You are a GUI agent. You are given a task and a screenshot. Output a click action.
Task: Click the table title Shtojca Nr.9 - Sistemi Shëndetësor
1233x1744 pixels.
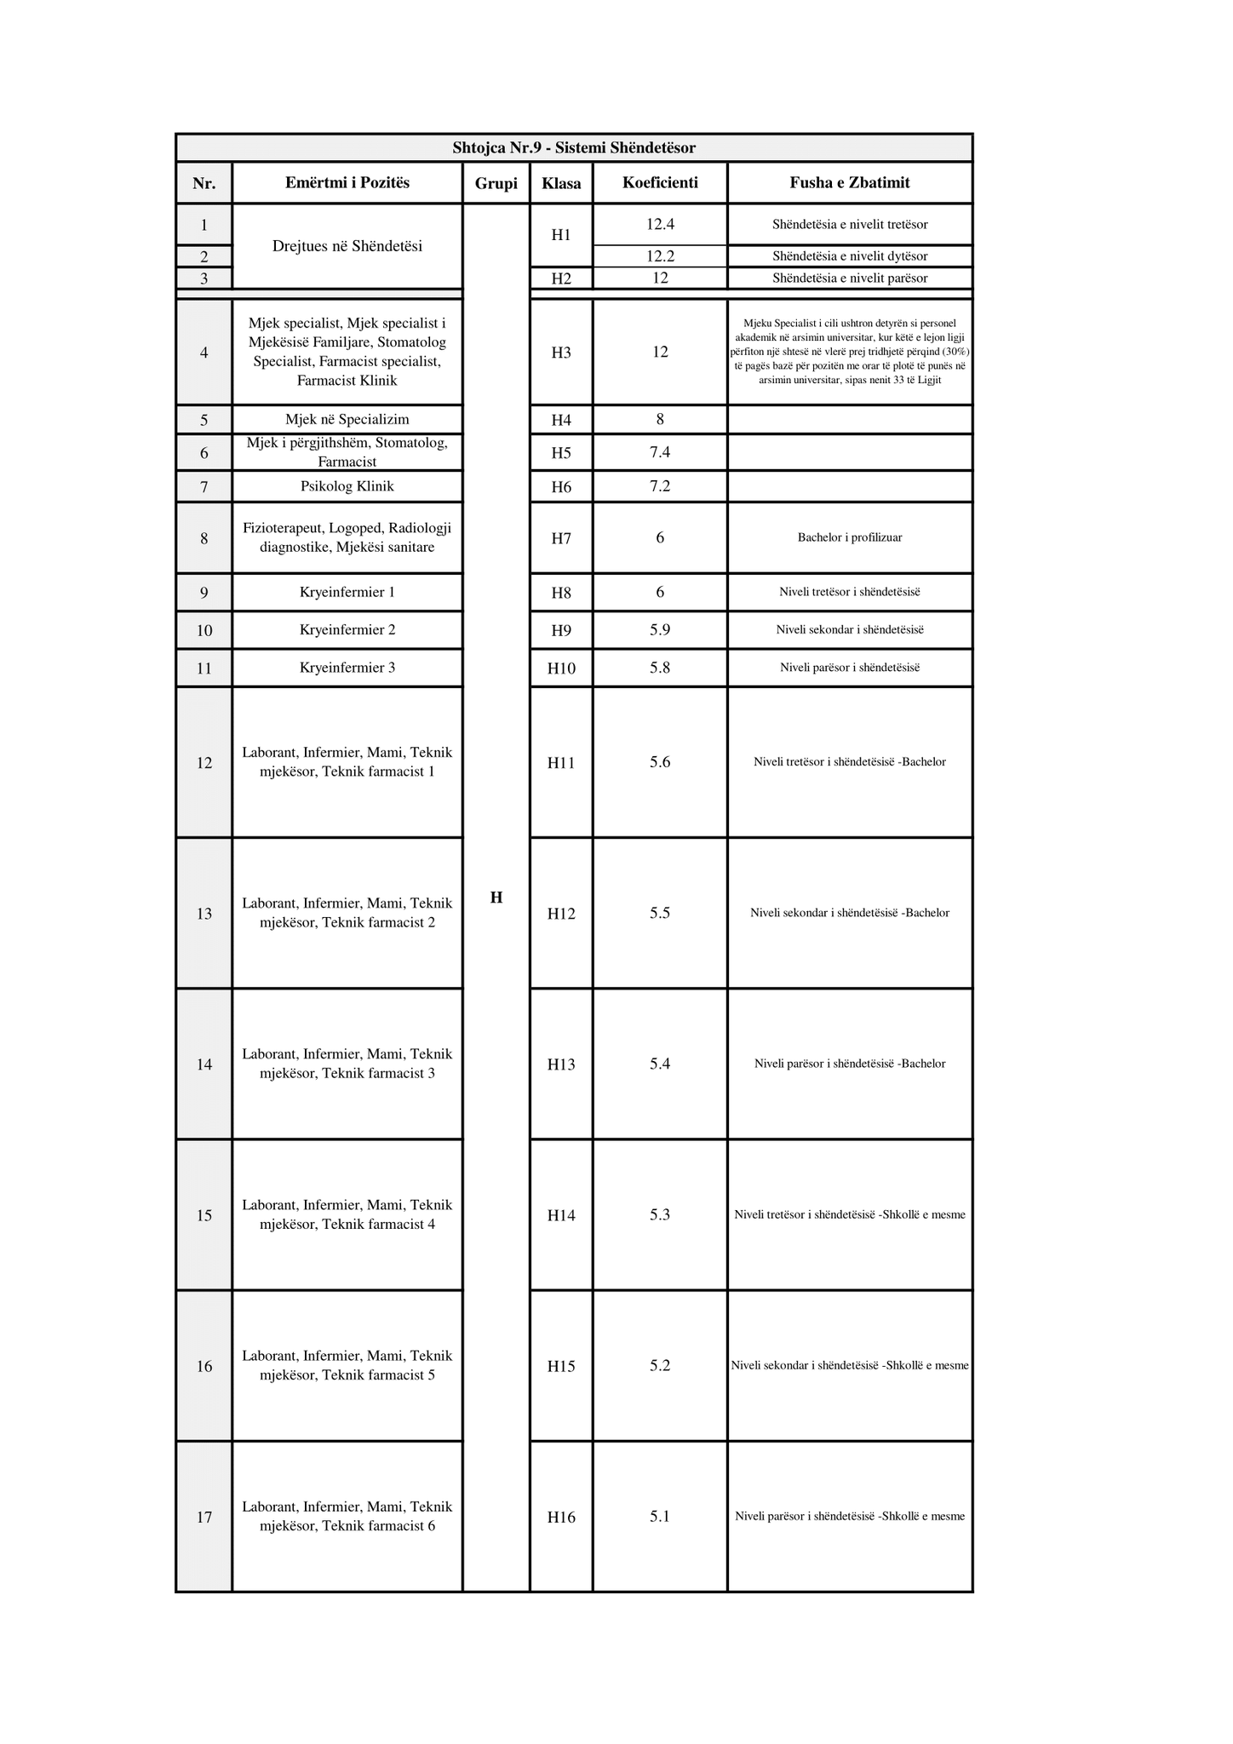574,148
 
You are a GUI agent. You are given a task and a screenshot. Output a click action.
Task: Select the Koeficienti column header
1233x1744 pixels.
660,182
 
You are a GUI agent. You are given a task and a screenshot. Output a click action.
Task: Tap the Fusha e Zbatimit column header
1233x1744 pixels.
850,182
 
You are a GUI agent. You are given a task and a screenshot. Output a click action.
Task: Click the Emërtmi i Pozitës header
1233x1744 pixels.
347,182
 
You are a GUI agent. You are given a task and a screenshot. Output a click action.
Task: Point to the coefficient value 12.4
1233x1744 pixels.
660,225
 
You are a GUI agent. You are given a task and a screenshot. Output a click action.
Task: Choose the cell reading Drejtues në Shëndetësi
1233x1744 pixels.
347,246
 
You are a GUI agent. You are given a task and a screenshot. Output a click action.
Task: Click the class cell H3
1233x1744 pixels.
561,353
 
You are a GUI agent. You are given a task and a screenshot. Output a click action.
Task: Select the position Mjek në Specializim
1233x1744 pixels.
347,419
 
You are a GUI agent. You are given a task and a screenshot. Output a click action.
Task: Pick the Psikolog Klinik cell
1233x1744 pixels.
347,486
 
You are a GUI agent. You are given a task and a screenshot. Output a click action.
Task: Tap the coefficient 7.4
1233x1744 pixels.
660,452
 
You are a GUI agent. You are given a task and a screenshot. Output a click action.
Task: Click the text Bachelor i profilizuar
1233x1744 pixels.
850,538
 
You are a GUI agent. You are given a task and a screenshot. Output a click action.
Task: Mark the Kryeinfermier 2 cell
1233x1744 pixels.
347,630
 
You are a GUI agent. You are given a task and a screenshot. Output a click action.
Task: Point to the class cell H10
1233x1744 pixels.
561,668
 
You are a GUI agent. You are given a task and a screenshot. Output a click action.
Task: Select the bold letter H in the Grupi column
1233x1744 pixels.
496,898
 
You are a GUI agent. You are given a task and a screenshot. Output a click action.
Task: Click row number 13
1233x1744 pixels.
204,914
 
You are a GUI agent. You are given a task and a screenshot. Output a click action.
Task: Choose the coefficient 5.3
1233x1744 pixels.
660,1214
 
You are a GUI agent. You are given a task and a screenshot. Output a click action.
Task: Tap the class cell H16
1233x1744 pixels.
561,1517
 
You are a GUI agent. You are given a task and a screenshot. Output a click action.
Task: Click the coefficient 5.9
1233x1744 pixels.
660,630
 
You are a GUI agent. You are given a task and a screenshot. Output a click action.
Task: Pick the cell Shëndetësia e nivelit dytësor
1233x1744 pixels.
850,256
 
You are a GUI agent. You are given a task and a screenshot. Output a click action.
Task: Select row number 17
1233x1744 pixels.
204,1517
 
